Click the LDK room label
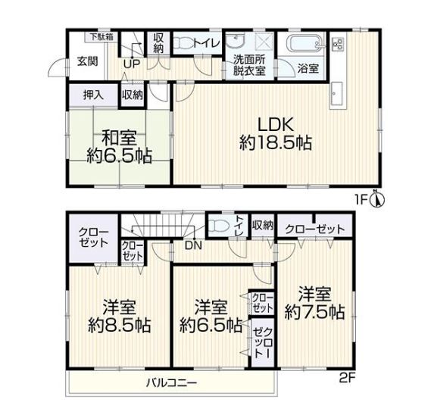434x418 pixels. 276,125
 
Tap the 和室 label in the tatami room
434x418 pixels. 120,138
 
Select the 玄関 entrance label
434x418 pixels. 87,61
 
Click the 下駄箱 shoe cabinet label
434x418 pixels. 102,37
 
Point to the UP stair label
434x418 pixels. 132,64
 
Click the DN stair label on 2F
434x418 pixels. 193,245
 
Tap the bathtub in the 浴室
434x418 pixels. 305,44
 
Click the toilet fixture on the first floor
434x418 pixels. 183,43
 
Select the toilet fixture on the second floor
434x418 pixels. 219,226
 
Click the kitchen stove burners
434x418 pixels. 338,43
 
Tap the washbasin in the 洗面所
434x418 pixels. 236,42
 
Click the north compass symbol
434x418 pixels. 376,198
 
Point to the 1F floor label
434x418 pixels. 361,199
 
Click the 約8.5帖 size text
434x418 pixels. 120,326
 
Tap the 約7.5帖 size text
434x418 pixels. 314,312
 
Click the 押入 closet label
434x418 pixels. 94,95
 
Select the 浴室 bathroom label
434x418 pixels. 308,68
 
